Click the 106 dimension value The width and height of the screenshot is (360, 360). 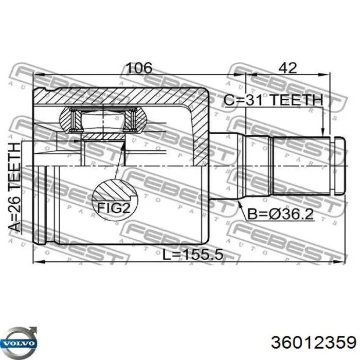139,67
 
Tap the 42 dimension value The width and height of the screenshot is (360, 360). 287,67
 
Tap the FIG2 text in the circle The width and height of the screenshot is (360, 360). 114,208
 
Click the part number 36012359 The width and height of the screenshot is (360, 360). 313,343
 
